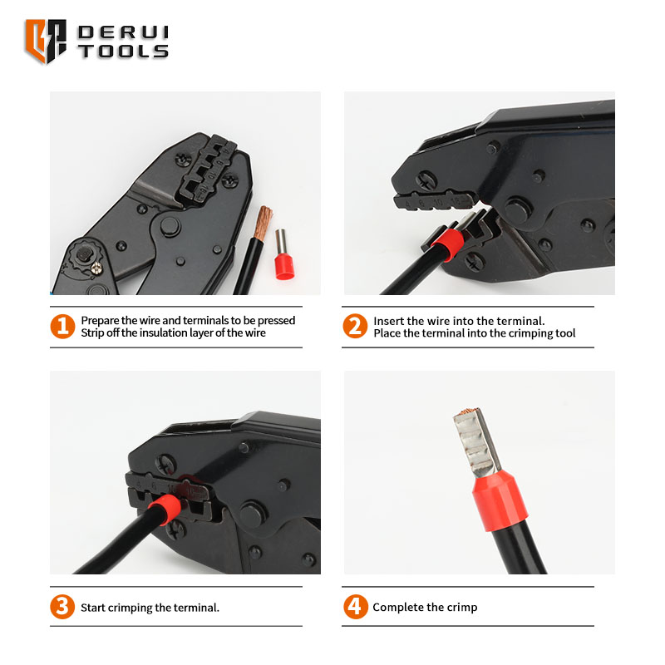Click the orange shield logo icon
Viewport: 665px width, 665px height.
(46, 41)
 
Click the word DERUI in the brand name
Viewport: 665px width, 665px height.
(123, 32)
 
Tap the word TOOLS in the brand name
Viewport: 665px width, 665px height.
(123, 51)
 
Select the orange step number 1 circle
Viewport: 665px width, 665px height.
(62, 326)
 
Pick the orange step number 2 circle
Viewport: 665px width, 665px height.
(355, 326)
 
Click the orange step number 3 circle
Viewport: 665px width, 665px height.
(62, 607)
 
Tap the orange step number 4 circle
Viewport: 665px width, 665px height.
(356, 607)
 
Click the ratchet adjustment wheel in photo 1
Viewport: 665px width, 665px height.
(84, 256)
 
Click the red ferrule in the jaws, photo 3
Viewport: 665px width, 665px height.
(165, 510)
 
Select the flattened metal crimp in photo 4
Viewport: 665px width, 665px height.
(475, 442)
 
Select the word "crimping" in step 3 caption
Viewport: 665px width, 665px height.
(131, 608)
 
